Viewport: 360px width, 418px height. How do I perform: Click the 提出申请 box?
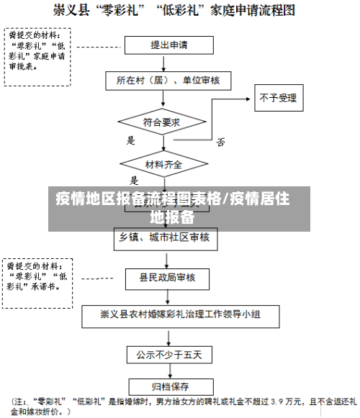pyautogui.click(x=169, y=45)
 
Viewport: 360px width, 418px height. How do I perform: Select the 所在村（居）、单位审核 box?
pyautogui.click(x=169, y=80)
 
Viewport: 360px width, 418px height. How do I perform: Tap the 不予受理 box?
pyautogui.click(x=278, y=98)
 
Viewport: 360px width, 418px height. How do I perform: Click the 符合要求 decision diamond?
pyautogui.click(x=162, y=122)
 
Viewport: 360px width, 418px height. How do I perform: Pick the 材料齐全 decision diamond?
pyautogui.click(x=163, y=165)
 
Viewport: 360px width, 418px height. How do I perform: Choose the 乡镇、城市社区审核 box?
pyautogui.click(x=164, y=237)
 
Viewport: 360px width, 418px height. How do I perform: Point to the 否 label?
pyautogui.click(x=220, y=142)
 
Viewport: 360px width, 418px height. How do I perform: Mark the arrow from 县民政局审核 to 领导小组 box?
pyautogui.click(x=167, y=296)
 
